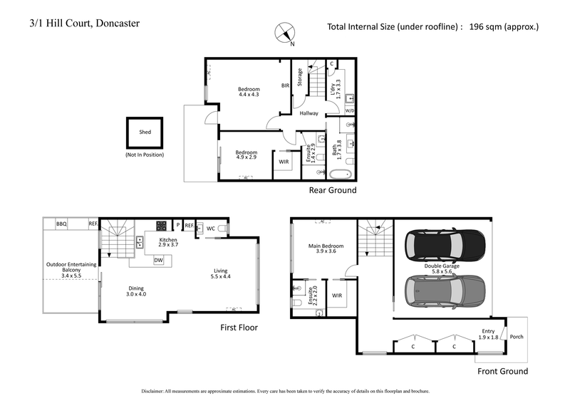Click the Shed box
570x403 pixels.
145,132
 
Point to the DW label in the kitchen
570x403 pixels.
157,261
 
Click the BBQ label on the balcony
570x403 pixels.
61,224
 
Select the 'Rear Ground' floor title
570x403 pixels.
332,191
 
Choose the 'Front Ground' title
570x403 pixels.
503,371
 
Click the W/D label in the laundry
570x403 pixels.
349,111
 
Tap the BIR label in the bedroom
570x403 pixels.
284,85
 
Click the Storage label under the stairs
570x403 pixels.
300,77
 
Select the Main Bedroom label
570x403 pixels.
323,247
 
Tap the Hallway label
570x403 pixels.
309,113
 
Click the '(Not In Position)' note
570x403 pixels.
145,155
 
